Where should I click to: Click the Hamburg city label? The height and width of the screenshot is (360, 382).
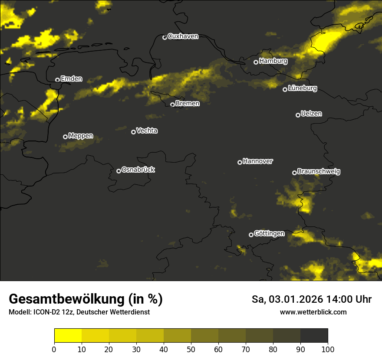(x=273, y=61)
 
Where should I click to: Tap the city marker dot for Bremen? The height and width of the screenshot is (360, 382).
(x=172, y=105)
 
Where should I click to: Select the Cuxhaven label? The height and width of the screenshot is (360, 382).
(x=183, y=36)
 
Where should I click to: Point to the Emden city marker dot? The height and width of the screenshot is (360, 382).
(x=57, y=80)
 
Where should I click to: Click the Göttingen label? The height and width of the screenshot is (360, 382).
(x=269, y=234)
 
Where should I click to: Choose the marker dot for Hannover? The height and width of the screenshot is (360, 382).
(x=240, y=162)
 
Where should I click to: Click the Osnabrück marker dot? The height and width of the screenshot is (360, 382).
(x=119, y=171)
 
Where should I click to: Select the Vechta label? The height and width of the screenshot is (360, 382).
(x=147, y=131)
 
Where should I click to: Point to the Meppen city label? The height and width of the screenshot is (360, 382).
(x=81, y=136)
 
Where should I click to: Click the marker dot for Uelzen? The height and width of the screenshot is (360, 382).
(x=298, y=115)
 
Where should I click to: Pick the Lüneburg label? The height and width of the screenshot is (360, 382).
(x=302, y=88)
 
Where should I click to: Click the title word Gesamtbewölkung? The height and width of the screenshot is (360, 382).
(x=64, y=299)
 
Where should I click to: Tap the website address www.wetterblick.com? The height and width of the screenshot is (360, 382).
(x=313, y=312)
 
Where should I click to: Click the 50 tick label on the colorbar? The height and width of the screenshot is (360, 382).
(x=191, y=349)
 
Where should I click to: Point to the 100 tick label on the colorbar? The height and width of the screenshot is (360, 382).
(x=328, y=349)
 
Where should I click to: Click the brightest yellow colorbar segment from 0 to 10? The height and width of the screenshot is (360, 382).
(x=68, y=335)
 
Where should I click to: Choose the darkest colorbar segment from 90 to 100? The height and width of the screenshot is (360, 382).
(x=314, y=335)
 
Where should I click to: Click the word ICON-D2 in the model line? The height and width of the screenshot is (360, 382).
(x=45, y=312)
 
